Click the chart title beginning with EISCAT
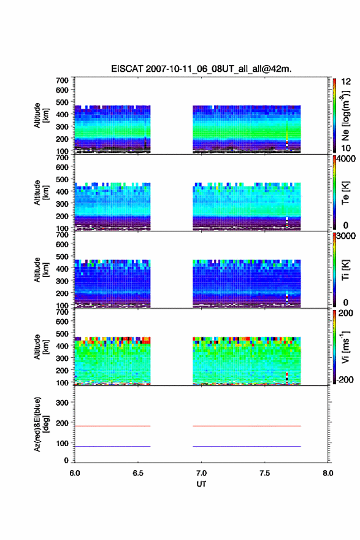pyautogui.click(x=201, y=69)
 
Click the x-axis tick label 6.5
pyautogui.click(x=138, y=473)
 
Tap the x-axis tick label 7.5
pyautogui.click(x=265, y=473)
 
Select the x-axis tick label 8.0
pyautogui.click(x=328, y=473)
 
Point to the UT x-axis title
pyautogui.click(x=201, y=484)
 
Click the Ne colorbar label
pyautogui.click(x=345, y=116)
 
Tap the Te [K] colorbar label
pyautogui.click(x=345, y=193)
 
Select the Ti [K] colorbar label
pyautogui.click(x=345, y=270)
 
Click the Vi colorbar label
pyautogui.click(x=345, y=347)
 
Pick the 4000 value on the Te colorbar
pyautogui.click(x=346, y=159)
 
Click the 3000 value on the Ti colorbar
pyautogui.click(x=346, y=236)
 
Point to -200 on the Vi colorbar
pyautogui.click(x=345, y=379)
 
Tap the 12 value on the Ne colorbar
pyautogui.click(x=346, y=82)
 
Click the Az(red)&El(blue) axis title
pyautogui.click(x=41, y=424)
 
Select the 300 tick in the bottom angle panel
pyautogui.click(x=62, y=403)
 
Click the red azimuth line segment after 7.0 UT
pyautogui.click(x=247, y=426)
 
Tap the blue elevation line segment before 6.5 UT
pyautogui.click(x=113, y=446)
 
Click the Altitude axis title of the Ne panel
pyautogui.click(x=41, y=116)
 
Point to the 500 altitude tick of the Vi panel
pyautogui.click(x=62, y=334)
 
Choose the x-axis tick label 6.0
pyautogui.click(x=75, y=473)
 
